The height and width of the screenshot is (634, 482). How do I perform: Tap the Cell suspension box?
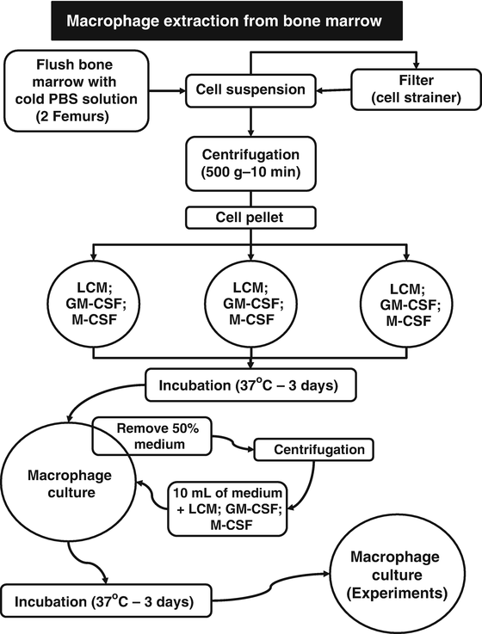[x=250, y=88]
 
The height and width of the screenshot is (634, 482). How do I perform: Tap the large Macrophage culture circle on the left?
[x=63, y=477]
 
